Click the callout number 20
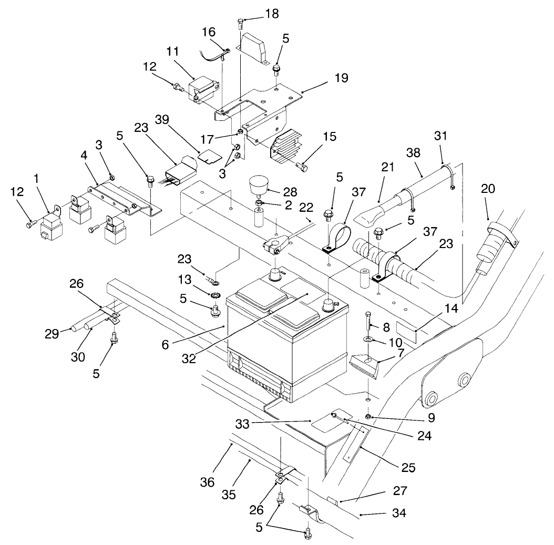(x=487, y=189)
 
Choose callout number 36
(x=208, y=482)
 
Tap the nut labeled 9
(x=369, y=417)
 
